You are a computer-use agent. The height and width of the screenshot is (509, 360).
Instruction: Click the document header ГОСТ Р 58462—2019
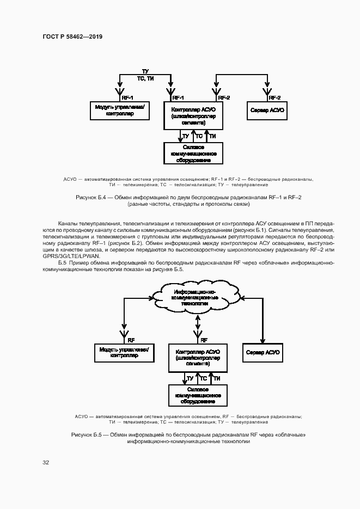pos(72,36)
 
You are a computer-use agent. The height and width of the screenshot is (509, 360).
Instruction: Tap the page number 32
pos(46,462)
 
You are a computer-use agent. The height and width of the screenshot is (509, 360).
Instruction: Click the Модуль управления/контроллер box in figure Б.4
pos(118,111)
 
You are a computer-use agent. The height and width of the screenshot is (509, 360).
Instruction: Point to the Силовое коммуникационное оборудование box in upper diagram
pos(193,153)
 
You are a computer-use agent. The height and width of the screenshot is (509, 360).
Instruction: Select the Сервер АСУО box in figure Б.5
pos(263,352)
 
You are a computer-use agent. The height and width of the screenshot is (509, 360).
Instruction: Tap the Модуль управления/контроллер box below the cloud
pos(124,352)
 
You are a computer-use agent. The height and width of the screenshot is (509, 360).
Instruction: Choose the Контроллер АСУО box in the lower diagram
pos(198,357)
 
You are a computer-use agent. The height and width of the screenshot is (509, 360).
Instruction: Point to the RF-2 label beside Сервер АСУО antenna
pos(275,97)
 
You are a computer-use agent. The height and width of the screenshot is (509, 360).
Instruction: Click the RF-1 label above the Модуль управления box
pos(127,97)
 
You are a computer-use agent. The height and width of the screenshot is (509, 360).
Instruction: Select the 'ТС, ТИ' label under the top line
pos(145,79)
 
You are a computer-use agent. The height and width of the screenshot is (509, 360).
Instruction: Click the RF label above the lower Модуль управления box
pos(131,339)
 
